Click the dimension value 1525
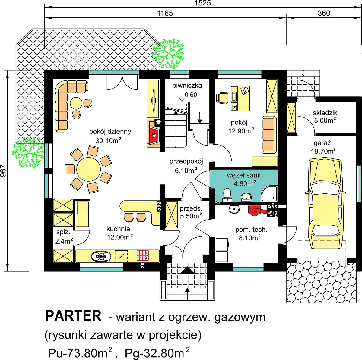pos(202,3)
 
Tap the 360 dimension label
pos(324,13)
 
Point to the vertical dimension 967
pos(3,171)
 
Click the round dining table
pos(88,169)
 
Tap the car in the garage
pos(325,203)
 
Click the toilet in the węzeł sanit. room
pos(227,195)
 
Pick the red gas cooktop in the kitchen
pos(143,255)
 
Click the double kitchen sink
pos(101,256)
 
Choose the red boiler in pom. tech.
pos(256,211)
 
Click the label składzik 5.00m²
pos(325,117)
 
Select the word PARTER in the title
pos(73,316)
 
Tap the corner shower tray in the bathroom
pos(269,194)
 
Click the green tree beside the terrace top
pos(168,54)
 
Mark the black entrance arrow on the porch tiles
pos(187,270)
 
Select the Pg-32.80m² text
pos(157,353)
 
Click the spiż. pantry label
pos(63,232)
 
